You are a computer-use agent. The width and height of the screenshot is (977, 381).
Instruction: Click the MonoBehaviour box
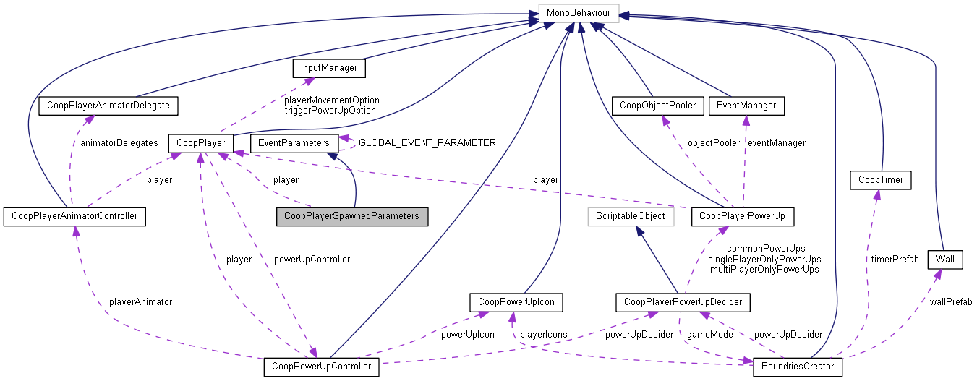575,13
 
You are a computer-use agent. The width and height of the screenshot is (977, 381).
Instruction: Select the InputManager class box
328,69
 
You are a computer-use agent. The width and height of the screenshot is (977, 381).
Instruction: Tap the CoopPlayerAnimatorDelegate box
108,106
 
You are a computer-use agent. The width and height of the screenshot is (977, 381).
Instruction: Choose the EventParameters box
294,142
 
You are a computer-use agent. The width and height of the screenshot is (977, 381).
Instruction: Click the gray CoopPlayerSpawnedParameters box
351,216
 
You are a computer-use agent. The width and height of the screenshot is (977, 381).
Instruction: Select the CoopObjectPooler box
657,106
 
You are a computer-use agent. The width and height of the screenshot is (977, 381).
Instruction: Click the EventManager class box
746,106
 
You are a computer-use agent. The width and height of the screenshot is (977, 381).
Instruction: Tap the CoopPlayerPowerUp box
743,216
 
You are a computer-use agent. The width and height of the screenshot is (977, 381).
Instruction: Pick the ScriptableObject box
630,216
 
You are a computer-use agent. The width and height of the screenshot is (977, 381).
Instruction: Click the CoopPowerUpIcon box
516,301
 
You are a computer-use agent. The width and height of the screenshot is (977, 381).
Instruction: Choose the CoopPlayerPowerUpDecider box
683,301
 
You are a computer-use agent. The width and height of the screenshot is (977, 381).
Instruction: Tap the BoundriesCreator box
798,367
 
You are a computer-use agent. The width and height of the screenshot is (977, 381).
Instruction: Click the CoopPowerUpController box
322,367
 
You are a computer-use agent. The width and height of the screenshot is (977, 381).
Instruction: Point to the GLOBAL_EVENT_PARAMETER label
427,143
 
